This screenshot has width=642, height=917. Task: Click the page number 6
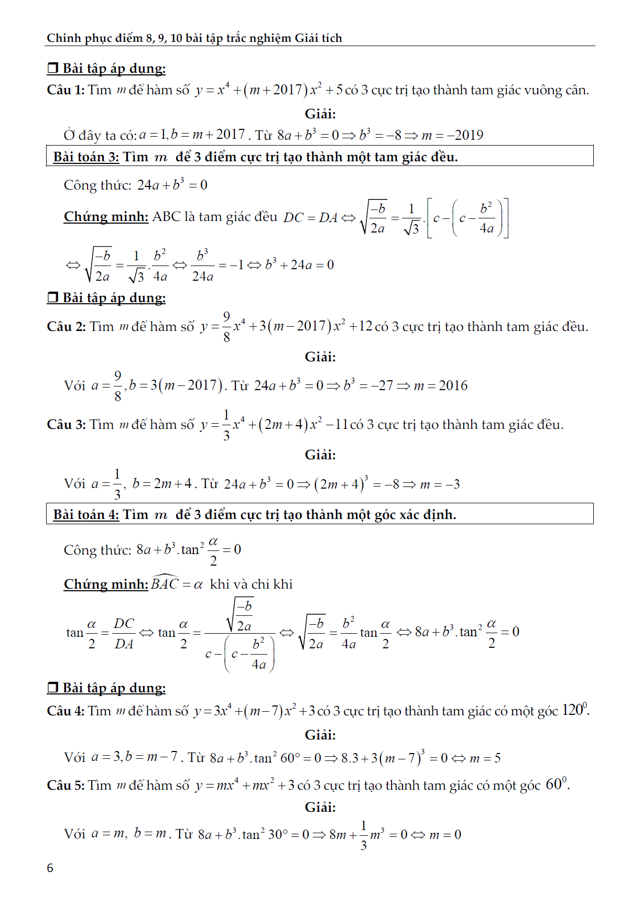coord(50,868)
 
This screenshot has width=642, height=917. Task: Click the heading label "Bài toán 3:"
coord(86,157)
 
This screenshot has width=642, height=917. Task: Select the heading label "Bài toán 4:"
coord(86,515)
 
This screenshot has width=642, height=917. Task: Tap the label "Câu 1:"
coord(66,90)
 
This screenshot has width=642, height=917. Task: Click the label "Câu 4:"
coord(66,711)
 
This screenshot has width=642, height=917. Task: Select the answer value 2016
coord(453,386)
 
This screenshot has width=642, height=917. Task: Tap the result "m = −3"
coord(440,484)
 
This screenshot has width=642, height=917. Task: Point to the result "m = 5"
coord(485,758)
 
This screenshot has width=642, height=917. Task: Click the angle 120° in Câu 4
coord(575,710)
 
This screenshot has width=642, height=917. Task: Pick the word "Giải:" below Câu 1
coord(320,114)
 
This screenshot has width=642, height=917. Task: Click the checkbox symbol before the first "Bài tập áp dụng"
coord(52,68)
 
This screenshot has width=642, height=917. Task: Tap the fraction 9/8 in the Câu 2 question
coord(226,327)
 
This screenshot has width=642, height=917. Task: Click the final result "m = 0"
coord(445,835)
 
